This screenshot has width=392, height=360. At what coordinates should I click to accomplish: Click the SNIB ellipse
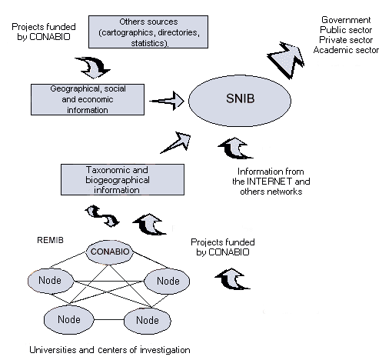pyautogui.click(x=240, y=101)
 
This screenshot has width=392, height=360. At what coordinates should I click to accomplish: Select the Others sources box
pyautogui.click(x=148, y=32)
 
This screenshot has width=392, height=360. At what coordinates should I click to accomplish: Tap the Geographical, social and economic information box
pyautogui.click(x=88, y=99)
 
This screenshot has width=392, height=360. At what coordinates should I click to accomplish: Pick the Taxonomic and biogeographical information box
pyautogui.click(x=122, y=180)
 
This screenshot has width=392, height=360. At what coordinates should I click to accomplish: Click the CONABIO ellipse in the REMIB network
pyautogui.click(x=110, y=252)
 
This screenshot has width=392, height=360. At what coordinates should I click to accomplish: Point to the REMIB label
pyautogui.click(x=50, y=240)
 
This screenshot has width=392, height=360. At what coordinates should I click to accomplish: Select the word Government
pyautogui.click(x=346, y=20)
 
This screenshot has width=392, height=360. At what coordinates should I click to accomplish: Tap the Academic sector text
pyautogui.click(x=346, y=50)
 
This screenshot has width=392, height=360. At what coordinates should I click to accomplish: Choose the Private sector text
pyautogui.click(x=346, y=40)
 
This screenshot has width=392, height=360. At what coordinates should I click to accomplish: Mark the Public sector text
pyautogui.click(x=346, y=30)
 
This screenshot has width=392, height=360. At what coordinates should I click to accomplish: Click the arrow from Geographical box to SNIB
pyautogui.click(x=167, y=101)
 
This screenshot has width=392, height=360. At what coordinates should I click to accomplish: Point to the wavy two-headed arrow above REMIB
pyautogui.click(x=102, y=216)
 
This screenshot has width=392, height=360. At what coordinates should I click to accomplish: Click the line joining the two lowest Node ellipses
pyautogui.click(x=109, y=320)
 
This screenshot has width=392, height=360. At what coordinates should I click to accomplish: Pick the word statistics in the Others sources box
pyautogui.click(x=150, y=43)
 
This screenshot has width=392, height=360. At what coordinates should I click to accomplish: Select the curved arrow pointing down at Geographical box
pyautogui.click(x=93, y=68)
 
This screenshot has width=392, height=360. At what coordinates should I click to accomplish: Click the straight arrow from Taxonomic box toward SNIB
pyautogui.click(x=176, y=143)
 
